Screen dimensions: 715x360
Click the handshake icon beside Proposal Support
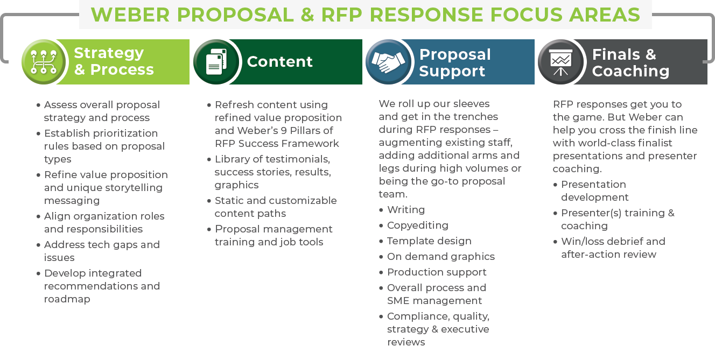tap(388, 62)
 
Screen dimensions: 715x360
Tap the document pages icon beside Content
tap(216, 62)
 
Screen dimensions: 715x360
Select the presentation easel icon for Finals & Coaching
tap(560, 62)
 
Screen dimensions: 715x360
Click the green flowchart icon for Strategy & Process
tap(44, 62)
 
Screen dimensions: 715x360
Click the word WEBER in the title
tap(130, 15)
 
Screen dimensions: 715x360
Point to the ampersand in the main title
tap(307, 15)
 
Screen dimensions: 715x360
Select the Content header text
tap(279, 61)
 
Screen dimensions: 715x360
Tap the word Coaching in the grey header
tap(630, 72)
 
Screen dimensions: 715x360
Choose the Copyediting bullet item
tap(417, 225)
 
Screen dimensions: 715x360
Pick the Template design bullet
tap(429, 241)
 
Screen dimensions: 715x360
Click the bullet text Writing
tap(406, 210)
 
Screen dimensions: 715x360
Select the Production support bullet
tap(437, 272)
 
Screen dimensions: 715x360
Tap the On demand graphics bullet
tap(441, 257)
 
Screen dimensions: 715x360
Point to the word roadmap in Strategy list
tap(67, 299)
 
